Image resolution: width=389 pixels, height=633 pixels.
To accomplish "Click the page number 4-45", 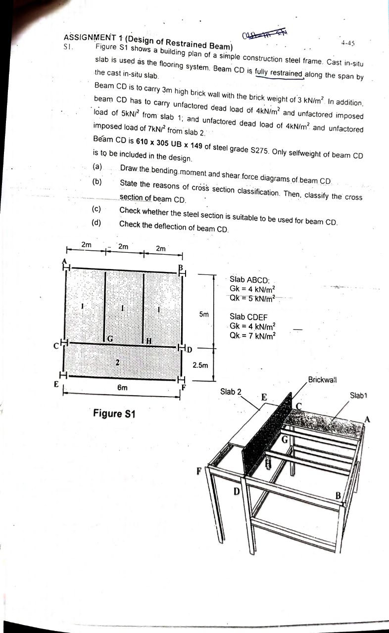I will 348,43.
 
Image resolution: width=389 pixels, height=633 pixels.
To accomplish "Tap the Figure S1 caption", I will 114,413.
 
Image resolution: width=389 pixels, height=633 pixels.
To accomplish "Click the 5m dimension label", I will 204,314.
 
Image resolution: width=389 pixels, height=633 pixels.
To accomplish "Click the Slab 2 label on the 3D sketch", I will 231,392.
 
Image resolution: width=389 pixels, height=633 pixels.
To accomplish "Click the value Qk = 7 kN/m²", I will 252,335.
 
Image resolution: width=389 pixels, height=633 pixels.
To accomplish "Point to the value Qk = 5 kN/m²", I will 252,298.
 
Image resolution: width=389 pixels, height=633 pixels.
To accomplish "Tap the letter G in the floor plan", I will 110,338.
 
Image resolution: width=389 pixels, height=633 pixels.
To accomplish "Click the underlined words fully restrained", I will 279,74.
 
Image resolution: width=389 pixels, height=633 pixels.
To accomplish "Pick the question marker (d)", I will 97,223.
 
